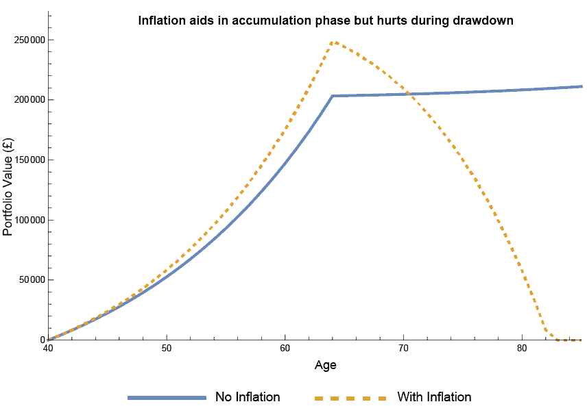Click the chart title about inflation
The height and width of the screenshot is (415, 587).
pyautogui.click(x=325, y=21)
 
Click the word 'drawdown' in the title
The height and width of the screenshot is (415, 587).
pyautogui.click(x=483, y=21)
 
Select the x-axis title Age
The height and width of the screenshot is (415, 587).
pyautogui.click(x=325, y=365)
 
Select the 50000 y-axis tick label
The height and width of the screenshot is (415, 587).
pyautogui.click(x=31, y=280)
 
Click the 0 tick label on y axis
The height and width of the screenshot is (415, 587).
pyautogui.click(x=41, y=340)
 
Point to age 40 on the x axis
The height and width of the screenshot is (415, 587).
pyautogui.click(x=48, y=349)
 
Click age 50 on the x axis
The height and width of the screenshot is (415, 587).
pyautogui.click(x=167, y=349)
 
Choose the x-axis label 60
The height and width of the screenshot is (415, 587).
pyautogui.click(x=285, y=349)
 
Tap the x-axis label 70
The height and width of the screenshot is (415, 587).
pyautogui.click(x=404, y=349)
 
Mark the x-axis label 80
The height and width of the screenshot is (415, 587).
pyautogui.click(x=522, y=349)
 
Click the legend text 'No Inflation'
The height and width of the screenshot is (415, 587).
pyautogui.click(x=248, y=397)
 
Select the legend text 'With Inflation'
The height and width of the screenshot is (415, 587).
pyautogui.click(x=434, y=397)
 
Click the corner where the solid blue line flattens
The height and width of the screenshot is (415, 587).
pyautogui.click(x=333, y=96)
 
